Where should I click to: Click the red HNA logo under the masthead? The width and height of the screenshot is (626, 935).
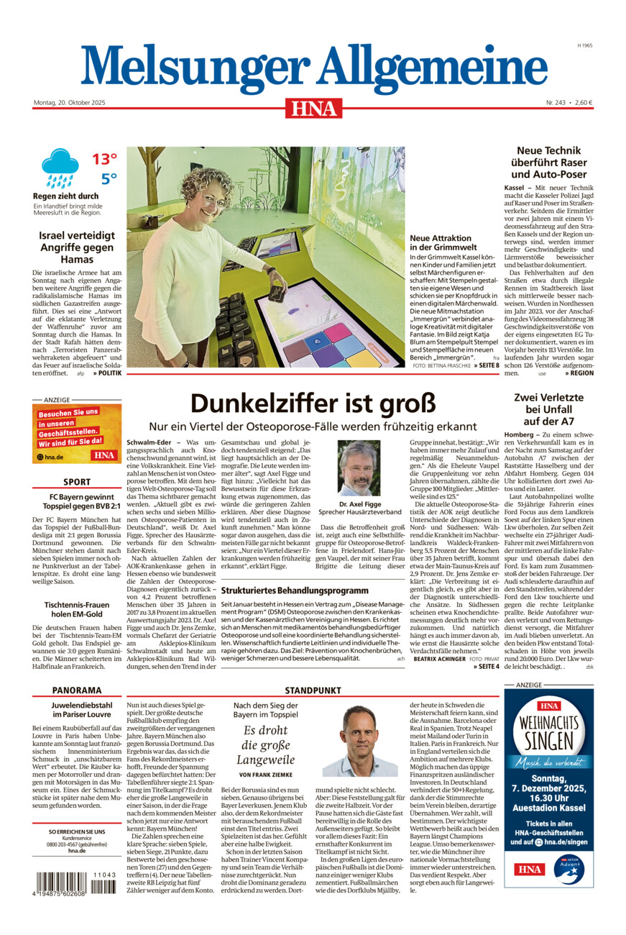(x=313, y=108)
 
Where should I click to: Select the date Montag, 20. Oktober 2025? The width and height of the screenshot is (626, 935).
(x=69, y=103)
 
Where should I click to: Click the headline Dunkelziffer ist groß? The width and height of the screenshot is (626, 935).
(x=313, y=403)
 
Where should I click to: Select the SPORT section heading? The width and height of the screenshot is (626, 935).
(x=77, y=482)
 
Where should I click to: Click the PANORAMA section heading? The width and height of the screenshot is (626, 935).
(x=77, y=690)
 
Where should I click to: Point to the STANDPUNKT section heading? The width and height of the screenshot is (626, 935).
(x=313, y=690)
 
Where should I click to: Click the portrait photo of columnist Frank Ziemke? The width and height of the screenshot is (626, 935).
(x=359, y=742)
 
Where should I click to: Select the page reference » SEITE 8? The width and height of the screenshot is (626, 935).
(x=486, y=366)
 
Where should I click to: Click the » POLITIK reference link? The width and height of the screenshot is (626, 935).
(x=107, y=374)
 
